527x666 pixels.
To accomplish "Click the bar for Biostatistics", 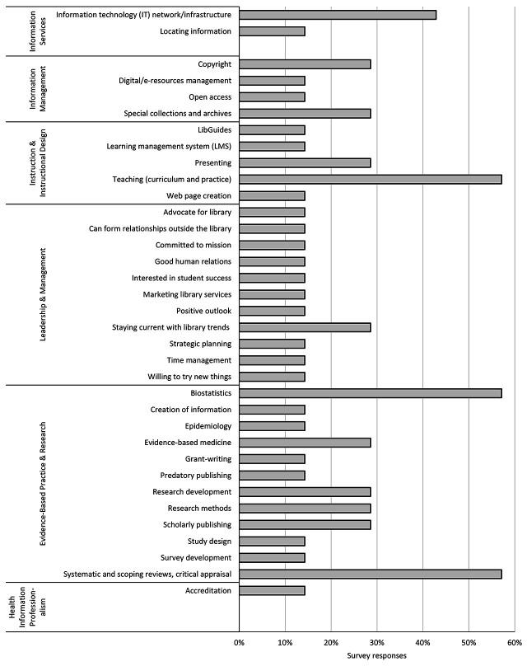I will click(x=370, y=393).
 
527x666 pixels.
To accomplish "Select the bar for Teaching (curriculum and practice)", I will click(x=370, y=179).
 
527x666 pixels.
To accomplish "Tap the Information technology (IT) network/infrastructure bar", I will click(x=338, y=15).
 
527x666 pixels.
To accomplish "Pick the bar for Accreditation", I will click(x=272, y=590).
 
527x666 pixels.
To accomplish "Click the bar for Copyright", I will click(x=305, y=64).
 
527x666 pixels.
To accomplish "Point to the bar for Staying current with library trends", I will click(x=305, y=327).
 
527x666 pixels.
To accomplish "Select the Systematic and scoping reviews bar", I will click(x=370, y=574).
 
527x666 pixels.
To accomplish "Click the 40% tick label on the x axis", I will click(x=422, y=641).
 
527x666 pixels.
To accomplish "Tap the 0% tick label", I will click(x=239, y=641).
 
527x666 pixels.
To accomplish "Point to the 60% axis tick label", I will click(x=514, y=641).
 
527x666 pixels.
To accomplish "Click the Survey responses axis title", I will click(x=376, y=655).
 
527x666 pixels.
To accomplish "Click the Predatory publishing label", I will click(x=196, y=476).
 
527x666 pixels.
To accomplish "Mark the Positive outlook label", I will click(x=203, y=311).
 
